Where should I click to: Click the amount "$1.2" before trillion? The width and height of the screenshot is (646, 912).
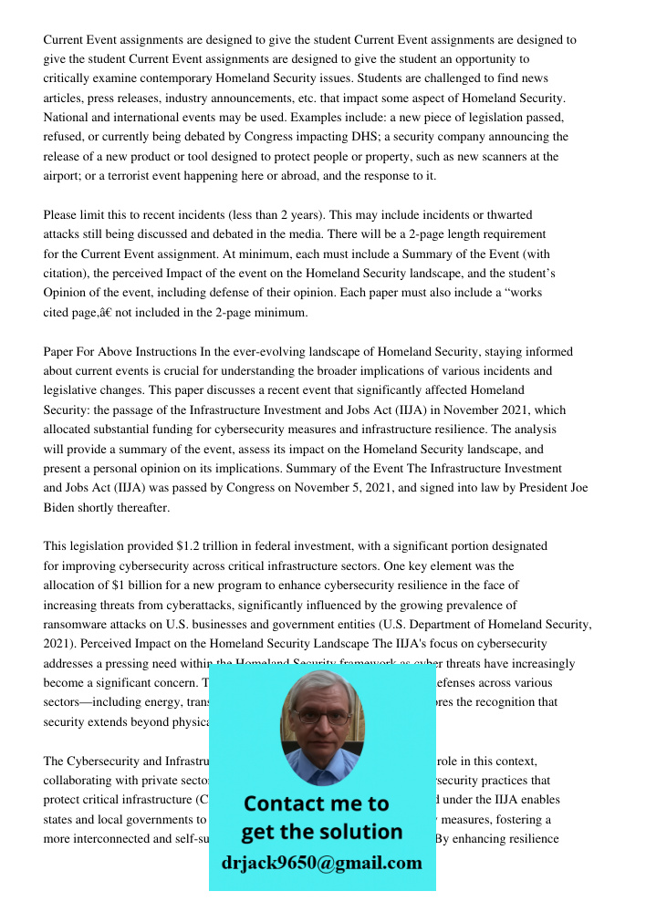[187, 546]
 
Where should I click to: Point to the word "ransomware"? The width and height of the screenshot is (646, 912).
[78, 625]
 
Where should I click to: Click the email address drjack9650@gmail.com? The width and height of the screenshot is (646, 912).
[321, 863]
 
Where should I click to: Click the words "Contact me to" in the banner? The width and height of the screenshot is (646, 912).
[316, 803]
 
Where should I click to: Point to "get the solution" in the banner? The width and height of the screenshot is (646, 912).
[321, 832]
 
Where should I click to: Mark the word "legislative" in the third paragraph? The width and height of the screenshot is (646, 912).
[74, 391]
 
